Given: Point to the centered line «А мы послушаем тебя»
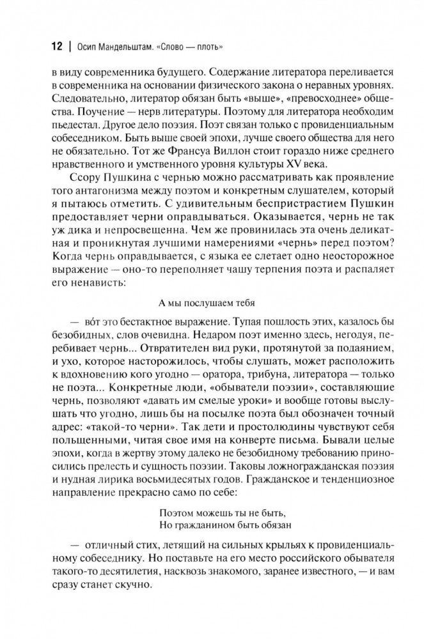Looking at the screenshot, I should pyautogui.click(x=212, y=301).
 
